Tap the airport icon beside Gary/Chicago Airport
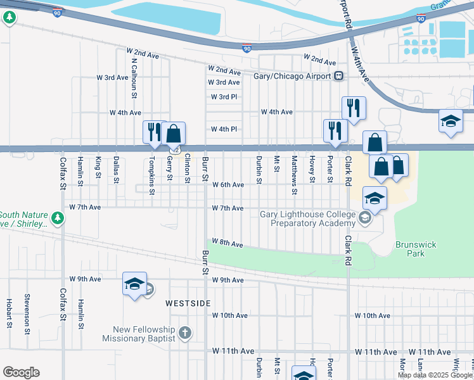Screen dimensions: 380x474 pos(339,76)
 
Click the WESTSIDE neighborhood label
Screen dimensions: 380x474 pos(188,303)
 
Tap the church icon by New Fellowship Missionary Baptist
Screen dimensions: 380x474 pos(184,333)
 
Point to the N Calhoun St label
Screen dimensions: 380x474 pos(134,79)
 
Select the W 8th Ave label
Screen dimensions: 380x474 pos(227,244)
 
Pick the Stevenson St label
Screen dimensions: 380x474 pos(27,310)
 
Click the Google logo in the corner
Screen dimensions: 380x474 pos(21,372)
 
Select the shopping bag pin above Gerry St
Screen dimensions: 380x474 pos(174,133)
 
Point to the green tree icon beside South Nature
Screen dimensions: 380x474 pos(58,218)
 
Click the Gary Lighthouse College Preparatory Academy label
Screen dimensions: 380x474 pos(308,218)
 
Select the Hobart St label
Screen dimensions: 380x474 pos(9,313)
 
